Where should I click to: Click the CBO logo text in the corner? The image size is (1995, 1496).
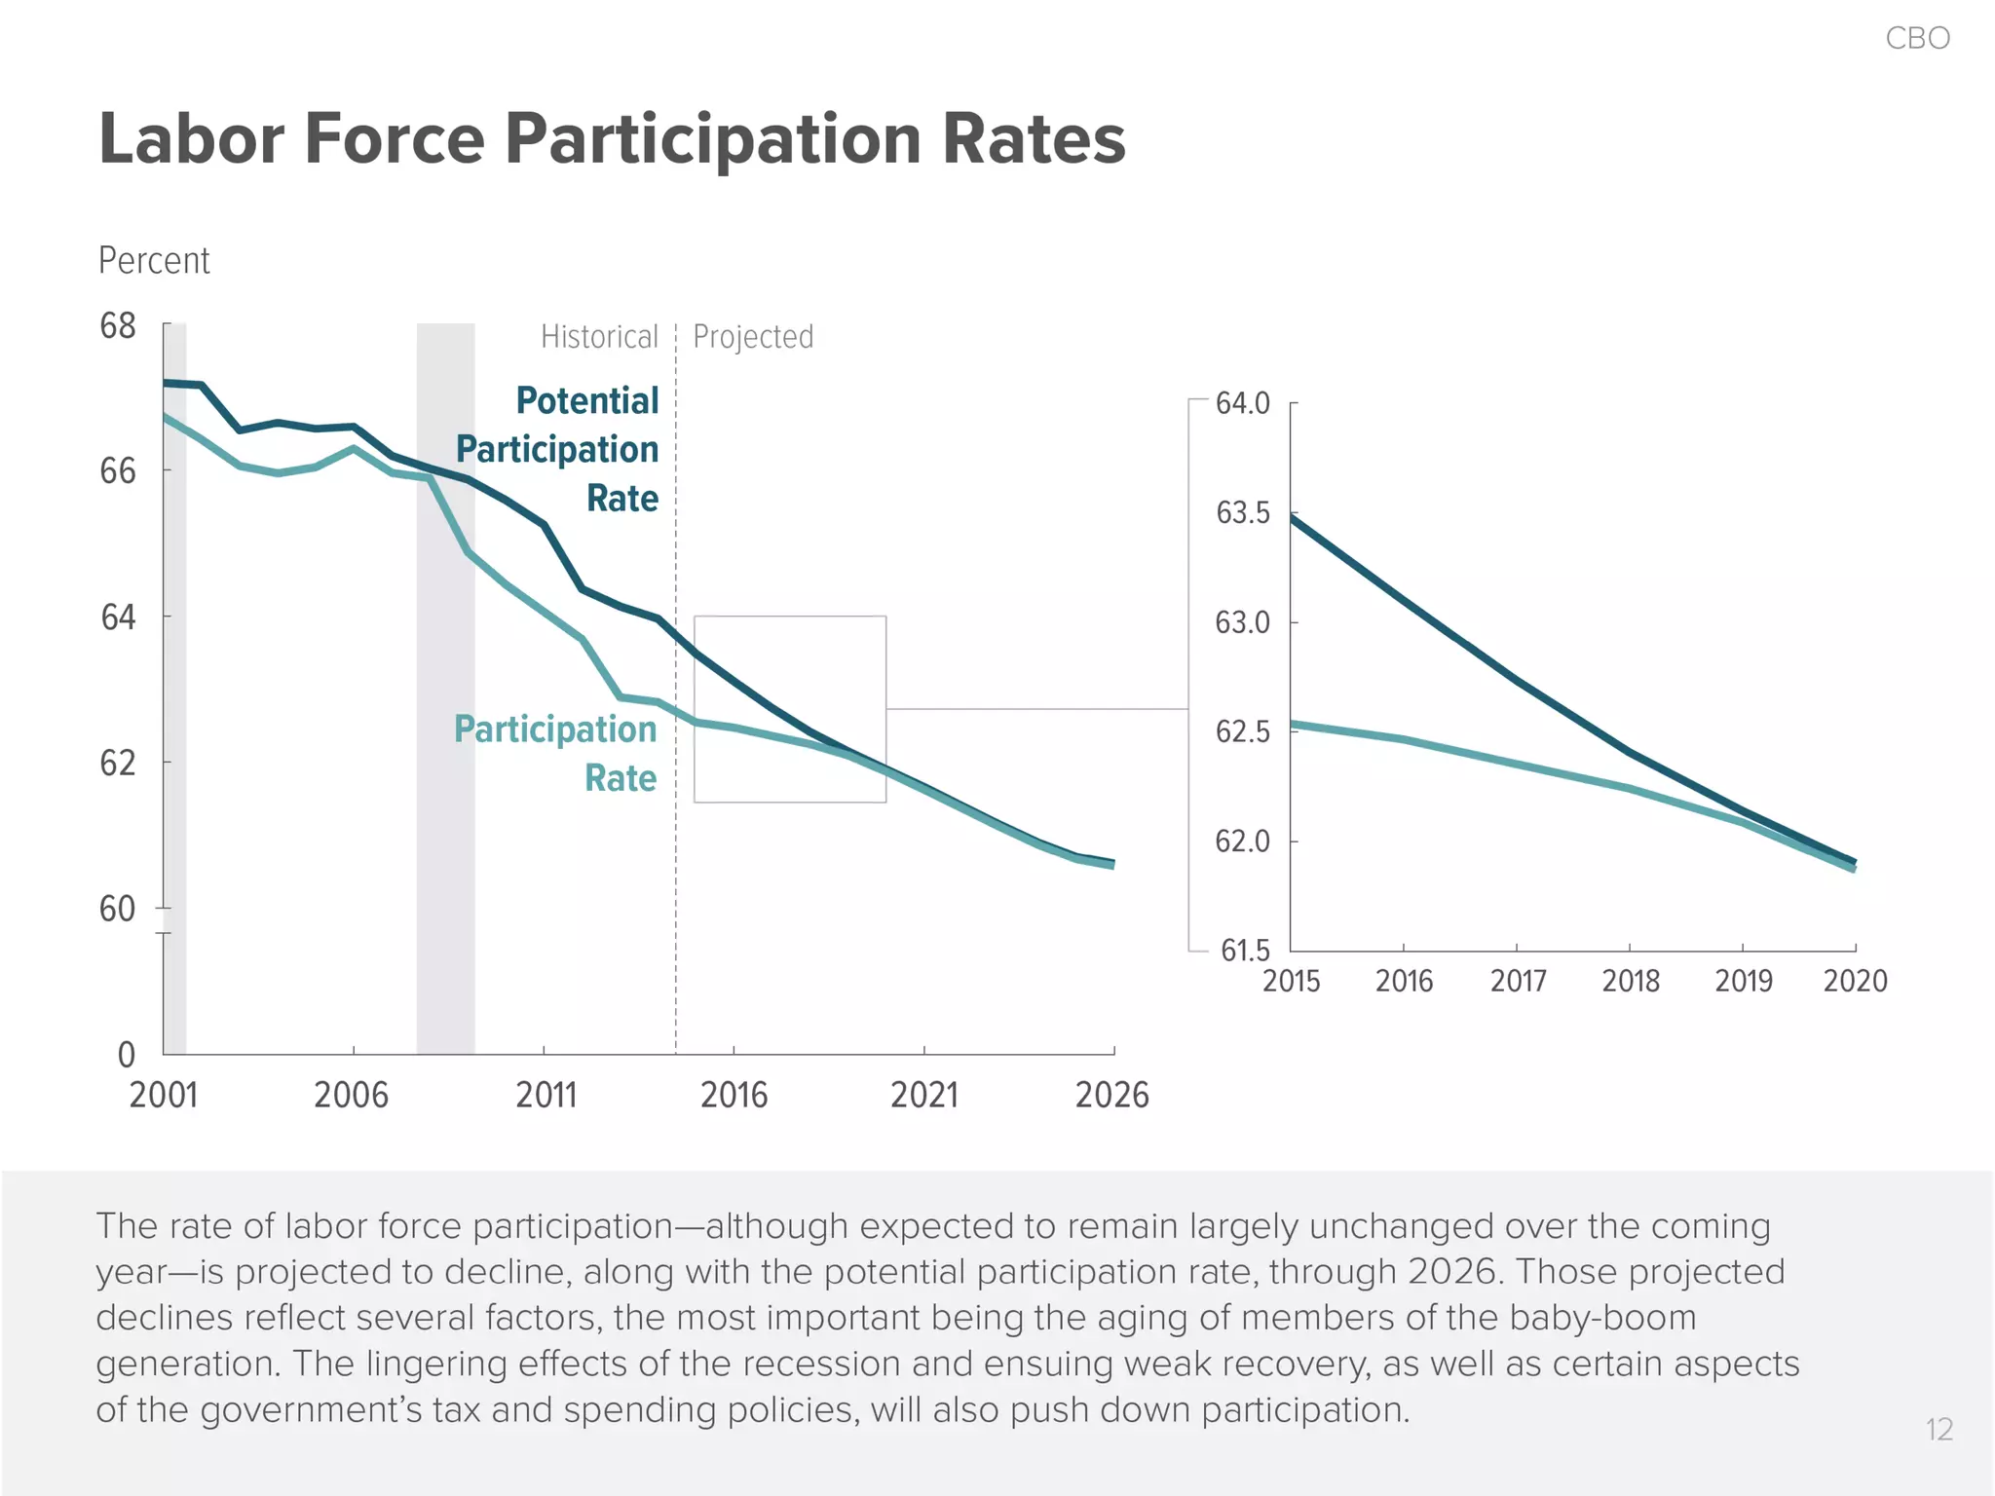[x=1917, y=38]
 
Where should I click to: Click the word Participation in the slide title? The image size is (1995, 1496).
[x=713, y=139]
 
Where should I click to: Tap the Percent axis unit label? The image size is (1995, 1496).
[x=154, y=261]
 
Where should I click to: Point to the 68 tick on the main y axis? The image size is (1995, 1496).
[x=118, y=326]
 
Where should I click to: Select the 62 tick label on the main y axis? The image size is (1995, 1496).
[x=118, y=764]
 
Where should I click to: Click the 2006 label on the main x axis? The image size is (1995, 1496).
[x=351, y=1096]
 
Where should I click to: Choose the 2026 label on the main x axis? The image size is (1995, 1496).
[x=1111, y=1096]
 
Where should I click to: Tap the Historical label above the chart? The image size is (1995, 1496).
[x=599, y=337]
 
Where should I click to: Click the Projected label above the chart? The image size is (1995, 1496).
[x=753, y=337]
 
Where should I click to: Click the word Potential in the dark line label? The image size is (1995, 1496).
[x=586, y=400]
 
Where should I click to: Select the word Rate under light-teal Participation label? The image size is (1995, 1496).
[x=621, y=778]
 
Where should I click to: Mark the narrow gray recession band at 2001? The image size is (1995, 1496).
[x=174, y=682]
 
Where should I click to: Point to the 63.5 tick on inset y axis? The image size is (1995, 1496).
[x=1243, y=513]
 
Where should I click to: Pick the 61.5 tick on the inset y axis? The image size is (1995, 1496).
[x=1245, y=951]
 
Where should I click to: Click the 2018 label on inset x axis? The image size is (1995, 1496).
[x=1630, y=981]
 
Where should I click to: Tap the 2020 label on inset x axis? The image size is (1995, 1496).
[x=1855, y=981]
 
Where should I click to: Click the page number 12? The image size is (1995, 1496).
[x=1939, y=1430]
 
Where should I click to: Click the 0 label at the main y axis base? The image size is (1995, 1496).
[x=127, y=1055]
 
